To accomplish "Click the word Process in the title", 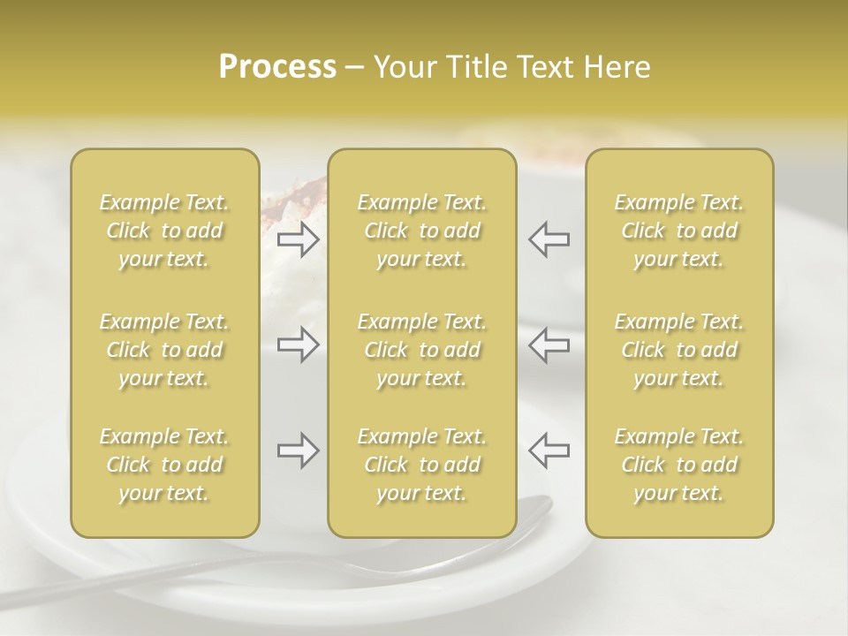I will (277, 67).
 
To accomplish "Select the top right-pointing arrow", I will (299, 239).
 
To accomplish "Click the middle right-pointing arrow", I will (299, 344).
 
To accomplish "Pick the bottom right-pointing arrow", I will (299, 451).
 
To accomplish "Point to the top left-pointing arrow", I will (549, 239).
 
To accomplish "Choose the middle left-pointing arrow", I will (549, 344).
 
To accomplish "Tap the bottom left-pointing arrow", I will (549, 451).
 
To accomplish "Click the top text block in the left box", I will (164, 231).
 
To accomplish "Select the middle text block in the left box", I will (164, 350).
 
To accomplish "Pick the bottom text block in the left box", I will (164, 465).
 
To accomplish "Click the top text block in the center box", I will (422, 231).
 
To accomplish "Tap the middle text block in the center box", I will (422, 350).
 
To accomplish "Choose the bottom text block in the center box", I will (422, 465).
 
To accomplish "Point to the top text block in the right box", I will (679, 231).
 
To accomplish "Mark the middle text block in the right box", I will (679, 350).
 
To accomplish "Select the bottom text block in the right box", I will (679, 465).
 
